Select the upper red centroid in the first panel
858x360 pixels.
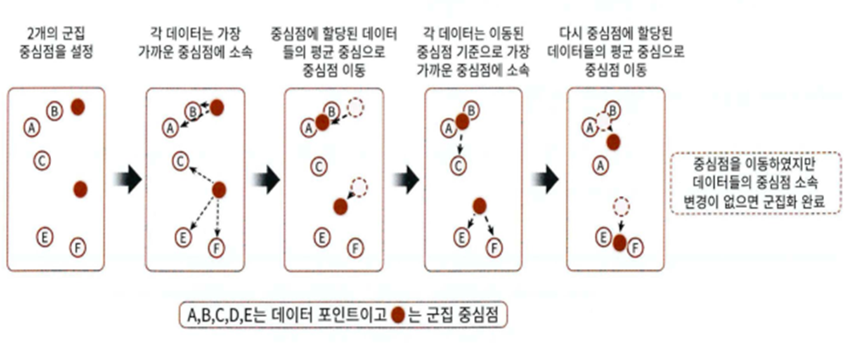(x=77, y=107)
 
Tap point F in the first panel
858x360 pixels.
(x=76, y=246)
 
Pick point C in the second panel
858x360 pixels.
(x=180, y=159)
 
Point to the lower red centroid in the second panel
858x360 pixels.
(x=218, y=189)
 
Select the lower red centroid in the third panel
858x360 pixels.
(x=341, y=205)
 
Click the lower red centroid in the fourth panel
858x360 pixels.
(x=479, y=205)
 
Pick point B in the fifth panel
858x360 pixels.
(x=611, y=110)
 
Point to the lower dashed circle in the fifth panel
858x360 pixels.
(x=621, y=205)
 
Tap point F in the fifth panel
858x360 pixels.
(x=635, y=246)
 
